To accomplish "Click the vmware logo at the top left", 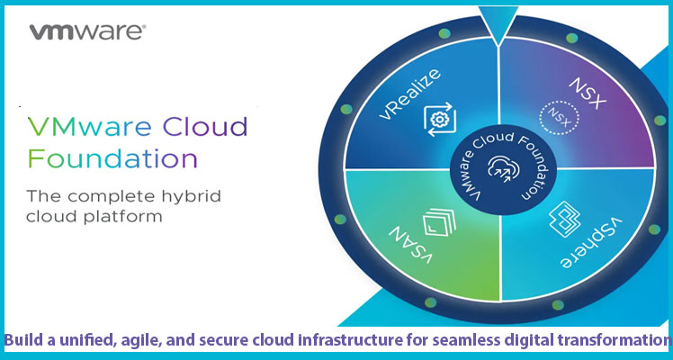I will click(87, 33).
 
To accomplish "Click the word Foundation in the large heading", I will click(112, 160).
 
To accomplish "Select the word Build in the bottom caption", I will click(26, 341).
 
